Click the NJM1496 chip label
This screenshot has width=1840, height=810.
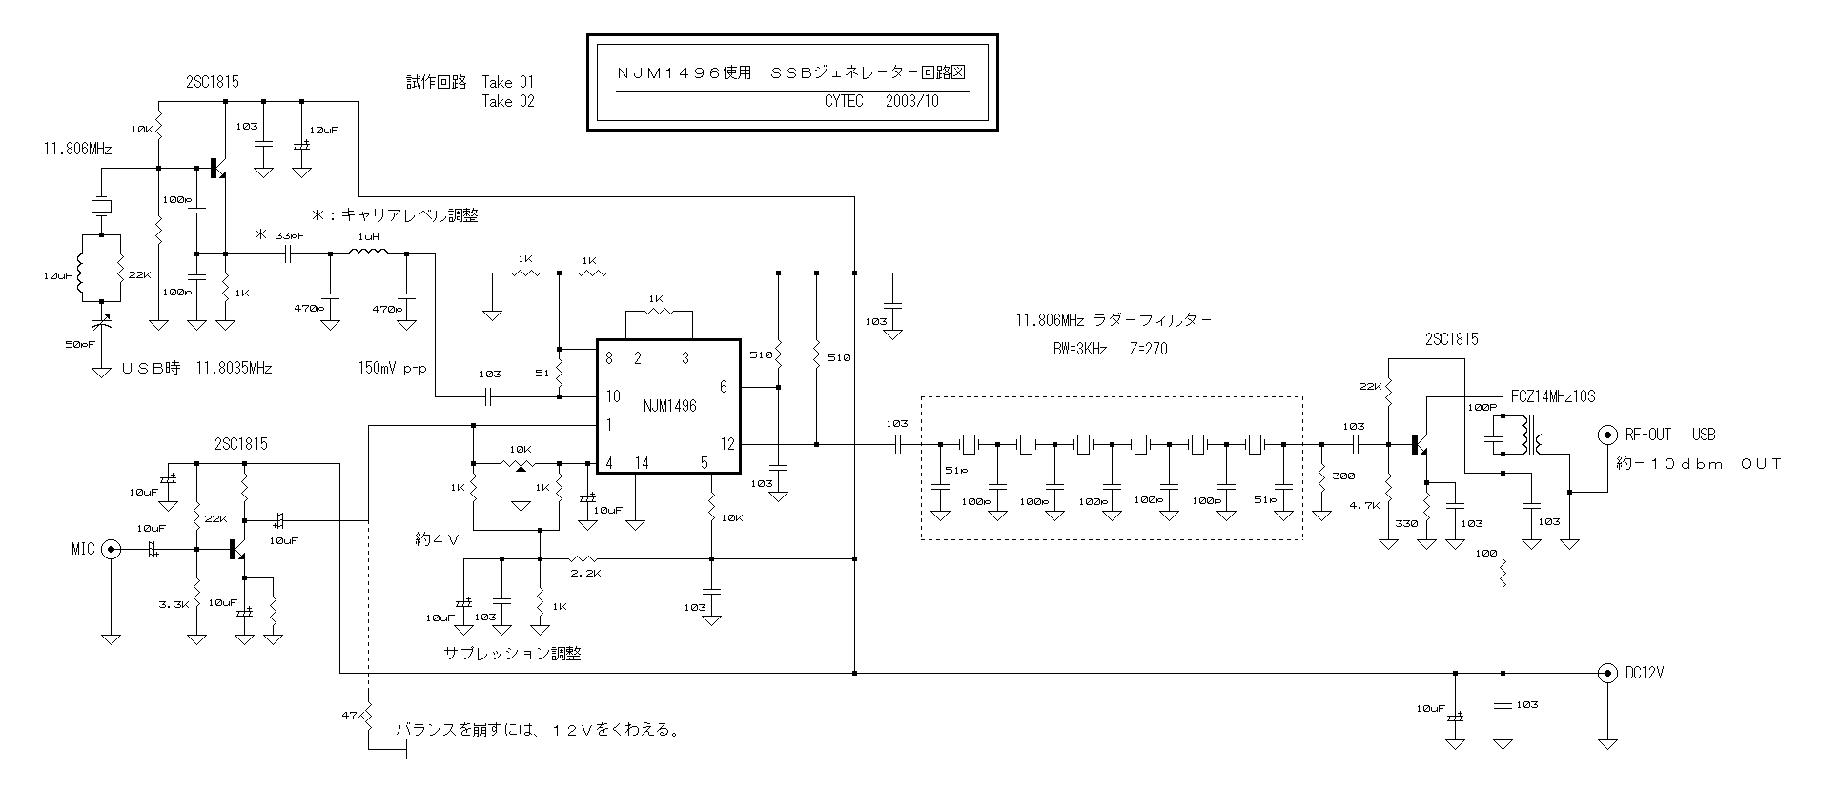[x=669, y=406]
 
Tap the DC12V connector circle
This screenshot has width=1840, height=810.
[x=1607, y=673]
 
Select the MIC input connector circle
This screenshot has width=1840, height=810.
[x=112, y=549]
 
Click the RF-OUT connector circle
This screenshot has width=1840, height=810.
[x=1607, y=435]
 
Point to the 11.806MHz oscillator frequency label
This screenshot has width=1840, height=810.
[x=77, y=150]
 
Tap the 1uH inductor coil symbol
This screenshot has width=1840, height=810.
[x=368, y=253]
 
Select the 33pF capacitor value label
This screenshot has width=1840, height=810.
[x=289, y=235]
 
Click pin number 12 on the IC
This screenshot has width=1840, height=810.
[x=727, y=444]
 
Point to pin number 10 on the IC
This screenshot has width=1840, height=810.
[x=612, y=396]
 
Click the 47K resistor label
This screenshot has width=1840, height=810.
[x=351, y=714]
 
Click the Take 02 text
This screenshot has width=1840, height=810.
[x=508, y=101]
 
